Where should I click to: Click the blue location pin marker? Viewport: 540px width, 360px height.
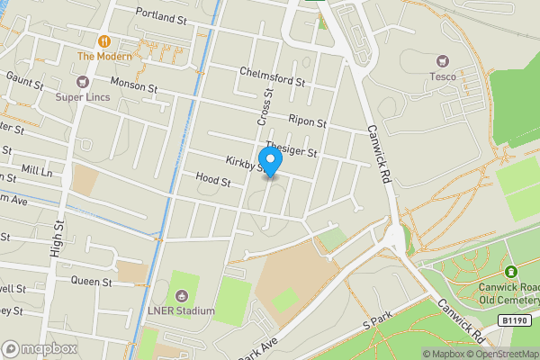coord(270,160)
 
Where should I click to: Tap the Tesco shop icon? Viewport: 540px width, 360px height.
coord(442,61)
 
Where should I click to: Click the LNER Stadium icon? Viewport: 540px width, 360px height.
coord(183,296)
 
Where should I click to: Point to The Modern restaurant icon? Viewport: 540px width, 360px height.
coord(104,40)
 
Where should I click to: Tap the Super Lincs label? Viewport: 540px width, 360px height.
coord(81,96)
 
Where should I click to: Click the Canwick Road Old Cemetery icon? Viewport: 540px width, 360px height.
coord(511,272)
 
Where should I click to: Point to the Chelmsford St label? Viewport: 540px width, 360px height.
coord(274,77)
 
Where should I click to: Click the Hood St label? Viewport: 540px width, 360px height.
coord(213,181)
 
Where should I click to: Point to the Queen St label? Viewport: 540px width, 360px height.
coord(92,281)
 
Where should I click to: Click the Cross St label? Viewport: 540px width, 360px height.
coord(265,106)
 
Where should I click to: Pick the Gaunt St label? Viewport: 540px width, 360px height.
coord(24,83)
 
